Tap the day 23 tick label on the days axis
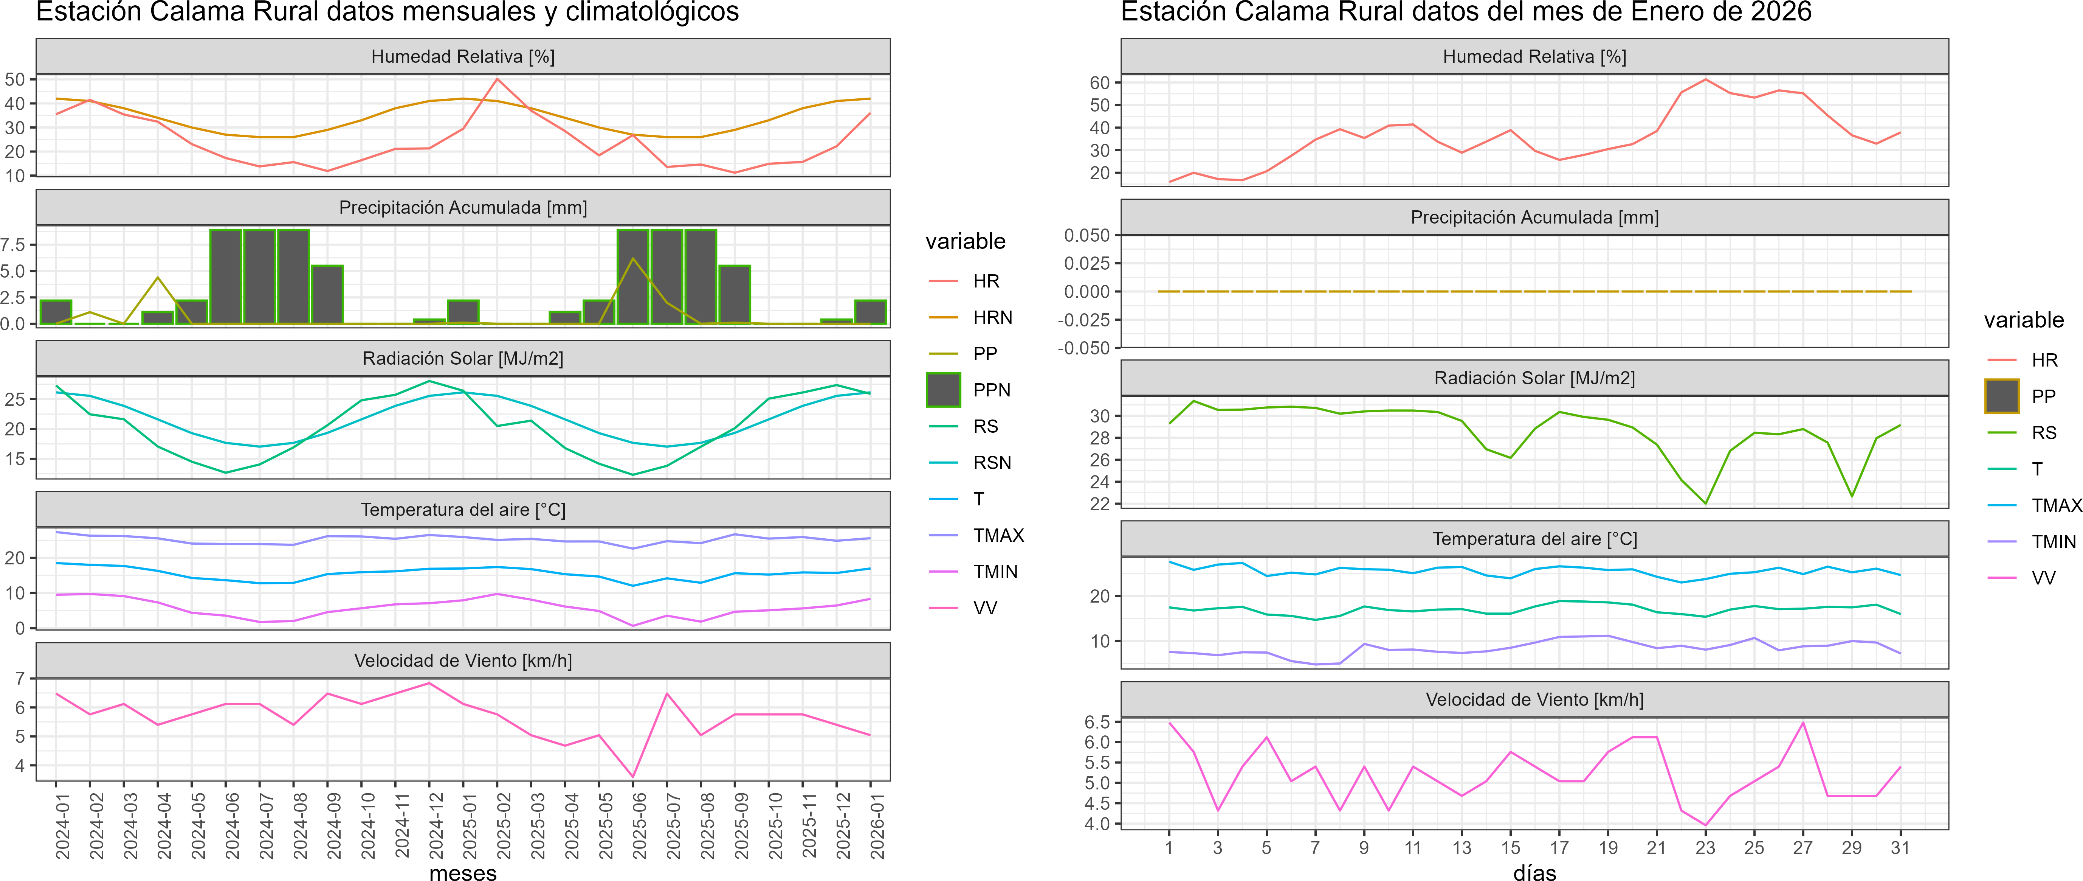tap(1705, 848)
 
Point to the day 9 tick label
tap(1364, 848)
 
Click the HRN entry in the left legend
tap(992, 317)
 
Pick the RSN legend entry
tap(991, 463)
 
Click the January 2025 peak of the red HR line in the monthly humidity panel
tap(496, 79)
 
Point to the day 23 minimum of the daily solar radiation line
tap(1705, 503)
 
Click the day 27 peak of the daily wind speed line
tap(1802, 723)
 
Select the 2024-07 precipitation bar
tap(260, 277)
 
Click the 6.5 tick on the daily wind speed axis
tap(1097, 722)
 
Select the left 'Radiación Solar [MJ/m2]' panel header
tap(462, 358)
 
